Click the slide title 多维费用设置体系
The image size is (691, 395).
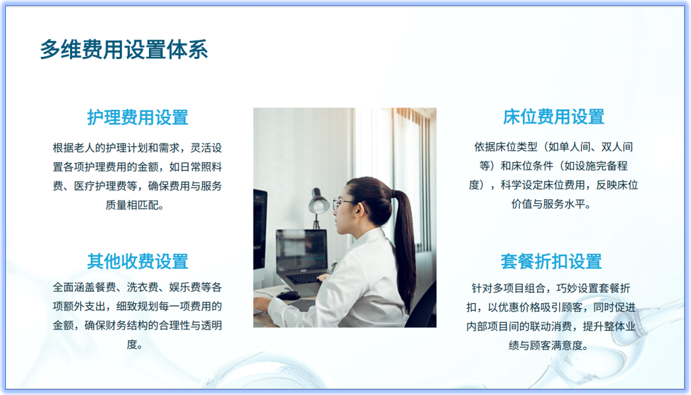124,50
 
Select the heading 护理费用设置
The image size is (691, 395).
138,117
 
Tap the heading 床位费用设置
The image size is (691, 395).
553,117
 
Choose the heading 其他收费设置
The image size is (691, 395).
138,261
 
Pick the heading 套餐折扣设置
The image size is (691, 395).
551,261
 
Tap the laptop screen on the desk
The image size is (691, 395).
301,251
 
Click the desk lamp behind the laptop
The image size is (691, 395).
319,202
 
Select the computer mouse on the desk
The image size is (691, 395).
289,295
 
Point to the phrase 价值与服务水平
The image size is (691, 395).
551,204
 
